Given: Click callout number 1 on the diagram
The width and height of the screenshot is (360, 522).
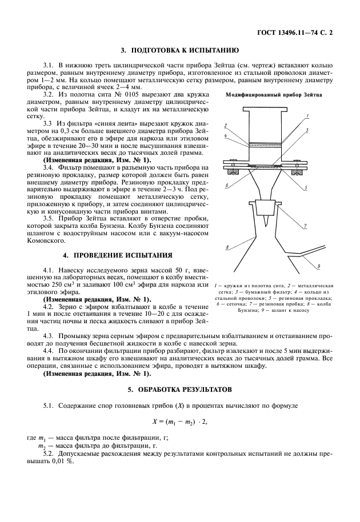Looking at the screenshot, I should [x=307, y=117].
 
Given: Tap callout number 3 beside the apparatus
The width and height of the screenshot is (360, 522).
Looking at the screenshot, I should [x=307, y=130].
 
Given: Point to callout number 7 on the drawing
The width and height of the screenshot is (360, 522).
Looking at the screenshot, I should [x=306, y=226].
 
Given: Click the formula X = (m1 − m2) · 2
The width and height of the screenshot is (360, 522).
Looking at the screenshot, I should [x=179, y=421].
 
